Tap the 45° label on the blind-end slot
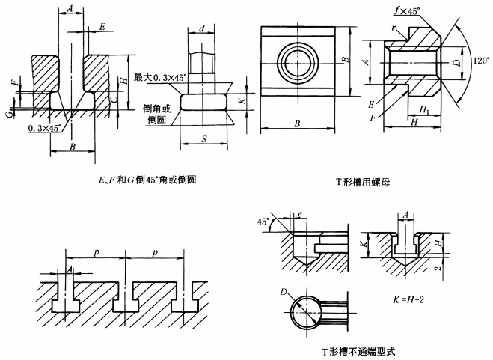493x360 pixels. point(261,221)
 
